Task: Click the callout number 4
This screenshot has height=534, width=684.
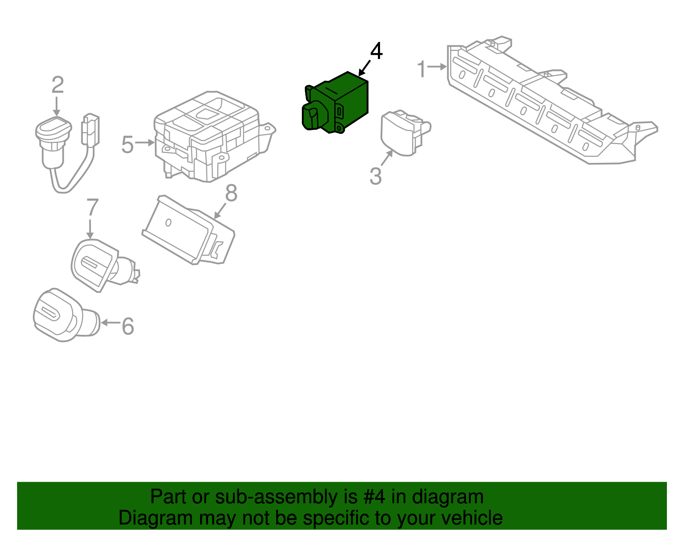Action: pyautogui.click(x=376, y=51)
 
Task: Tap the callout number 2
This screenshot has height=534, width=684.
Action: pyautogui.click(x=58, y=85)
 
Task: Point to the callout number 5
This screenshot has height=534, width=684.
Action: pyautogui.click(x=127, y=145)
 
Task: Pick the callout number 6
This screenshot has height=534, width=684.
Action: pyautogui.click(x=128, y=326)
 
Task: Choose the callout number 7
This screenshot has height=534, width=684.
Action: pyautogui.click(x=92, y=207)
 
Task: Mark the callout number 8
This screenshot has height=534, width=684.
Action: pyautogui.click(x=231, y=193)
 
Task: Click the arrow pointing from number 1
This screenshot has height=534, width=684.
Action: pyautogui.click(x=437, y=67)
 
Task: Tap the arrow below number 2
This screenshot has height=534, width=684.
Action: pyautogui.click(x=57, y=106)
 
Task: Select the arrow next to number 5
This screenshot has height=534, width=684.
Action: pyautogui.click(x=144, y=142)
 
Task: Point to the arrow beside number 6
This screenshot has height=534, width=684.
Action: pyautogui.click(x=110, y=322)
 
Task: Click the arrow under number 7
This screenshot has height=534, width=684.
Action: pyautogui.click(x=90, y=230)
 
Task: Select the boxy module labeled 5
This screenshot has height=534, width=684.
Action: pyautogui.click(x=215, y=136)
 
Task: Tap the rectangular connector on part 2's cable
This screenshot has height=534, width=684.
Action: pyautogui.click(x=91, y=129)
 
